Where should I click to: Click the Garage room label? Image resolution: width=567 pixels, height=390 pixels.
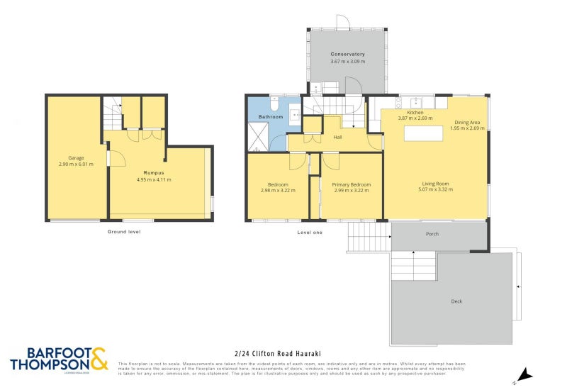click(77, 157)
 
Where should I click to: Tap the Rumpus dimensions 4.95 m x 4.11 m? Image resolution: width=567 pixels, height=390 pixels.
click(154, 180)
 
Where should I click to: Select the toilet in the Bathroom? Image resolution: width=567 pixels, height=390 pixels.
click(274, 106)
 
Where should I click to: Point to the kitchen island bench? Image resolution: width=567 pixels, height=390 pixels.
click(423, 133)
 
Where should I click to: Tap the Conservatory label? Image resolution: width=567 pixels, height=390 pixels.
click(347, 55)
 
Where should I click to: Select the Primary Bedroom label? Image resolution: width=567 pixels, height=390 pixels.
click(351, 184)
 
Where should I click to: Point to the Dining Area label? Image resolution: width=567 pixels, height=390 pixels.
click(468, 122)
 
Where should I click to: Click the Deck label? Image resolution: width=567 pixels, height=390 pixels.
click(456, 301)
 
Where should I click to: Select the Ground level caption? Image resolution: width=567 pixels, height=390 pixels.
click(124, 232)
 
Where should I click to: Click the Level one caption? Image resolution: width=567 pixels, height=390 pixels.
click(310, 232)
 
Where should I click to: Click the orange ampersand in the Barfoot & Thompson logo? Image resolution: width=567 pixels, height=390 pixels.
click(99, 357)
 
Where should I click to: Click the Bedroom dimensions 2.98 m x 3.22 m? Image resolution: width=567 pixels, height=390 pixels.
click(278, 190)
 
